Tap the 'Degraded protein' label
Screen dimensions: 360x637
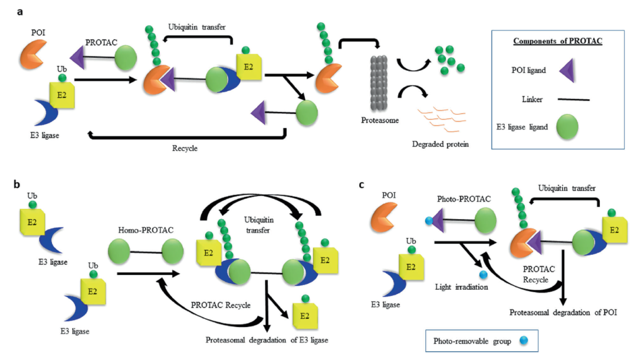point(441,144)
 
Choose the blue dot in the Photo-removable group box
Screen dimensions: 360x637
point(517,341)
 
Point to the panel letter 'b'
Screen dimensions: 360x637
point(17,184)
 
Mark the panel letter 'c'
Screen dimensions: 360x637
point(361,184)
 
